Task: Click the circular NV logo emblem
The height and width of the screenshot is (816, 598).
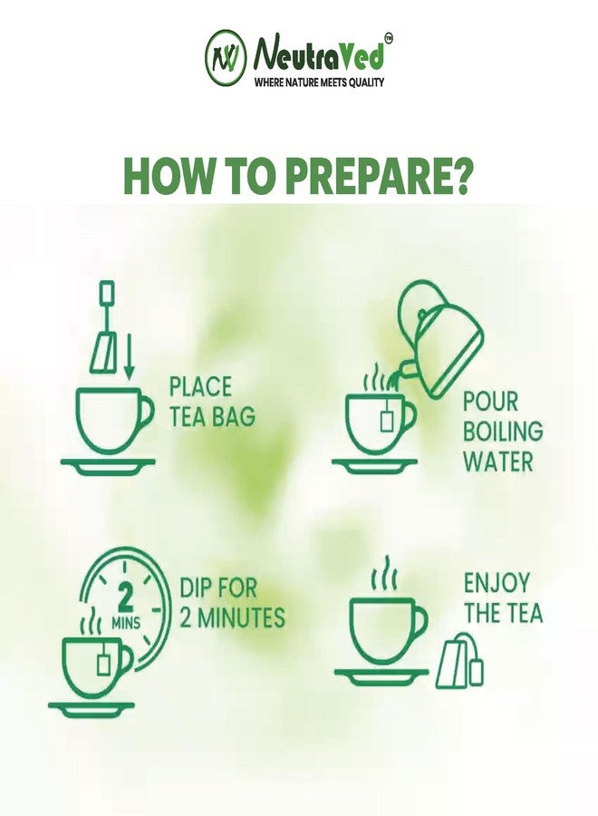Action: click(x=226, y=57)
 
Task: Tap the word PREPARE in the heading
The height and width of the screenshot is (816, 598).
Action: click(x=379, y=176)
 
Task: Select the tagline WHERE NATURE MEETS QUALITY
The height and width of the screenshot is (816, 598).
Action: click(x=319, y=82)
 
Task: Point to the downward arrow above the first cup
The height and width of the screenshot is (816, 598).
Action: click(x=129, y=356)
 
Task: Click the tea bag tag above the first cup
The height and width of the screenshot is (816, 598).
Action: click(x=107, y=290)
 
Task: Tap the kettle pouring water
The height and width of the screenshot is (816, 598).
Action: click(x=440, y=338)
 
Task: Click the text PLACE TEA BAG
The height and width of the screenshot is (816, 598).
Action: click(x=212, y=402)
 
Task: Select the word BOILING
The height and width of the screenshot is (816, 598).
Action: click(x=503, y=431)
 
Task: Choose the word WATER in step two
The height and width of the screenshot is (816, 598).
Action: click(x=497, y=461)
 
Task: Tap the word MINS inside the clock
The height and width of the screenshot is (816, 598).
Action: click(x=126, y=622)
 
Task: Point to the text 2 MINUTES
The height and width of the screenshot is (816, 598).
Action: click(x=233, y=617)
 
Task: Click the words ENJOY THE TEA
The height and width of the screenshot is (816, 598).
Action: click(x=503, y=597)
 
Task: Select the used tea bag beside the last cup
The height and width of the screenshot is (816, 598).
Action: click(x=459, y=660)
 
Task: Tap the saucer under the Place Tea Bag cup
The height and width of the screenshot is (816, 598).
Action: click(x=108, y=467)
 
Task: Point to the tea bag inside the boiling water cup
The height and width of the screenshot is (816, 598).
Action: click(x=386, y=415)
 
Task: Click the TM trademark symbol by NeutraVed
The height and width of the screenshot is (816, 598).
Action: click(x=388, y=37)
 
